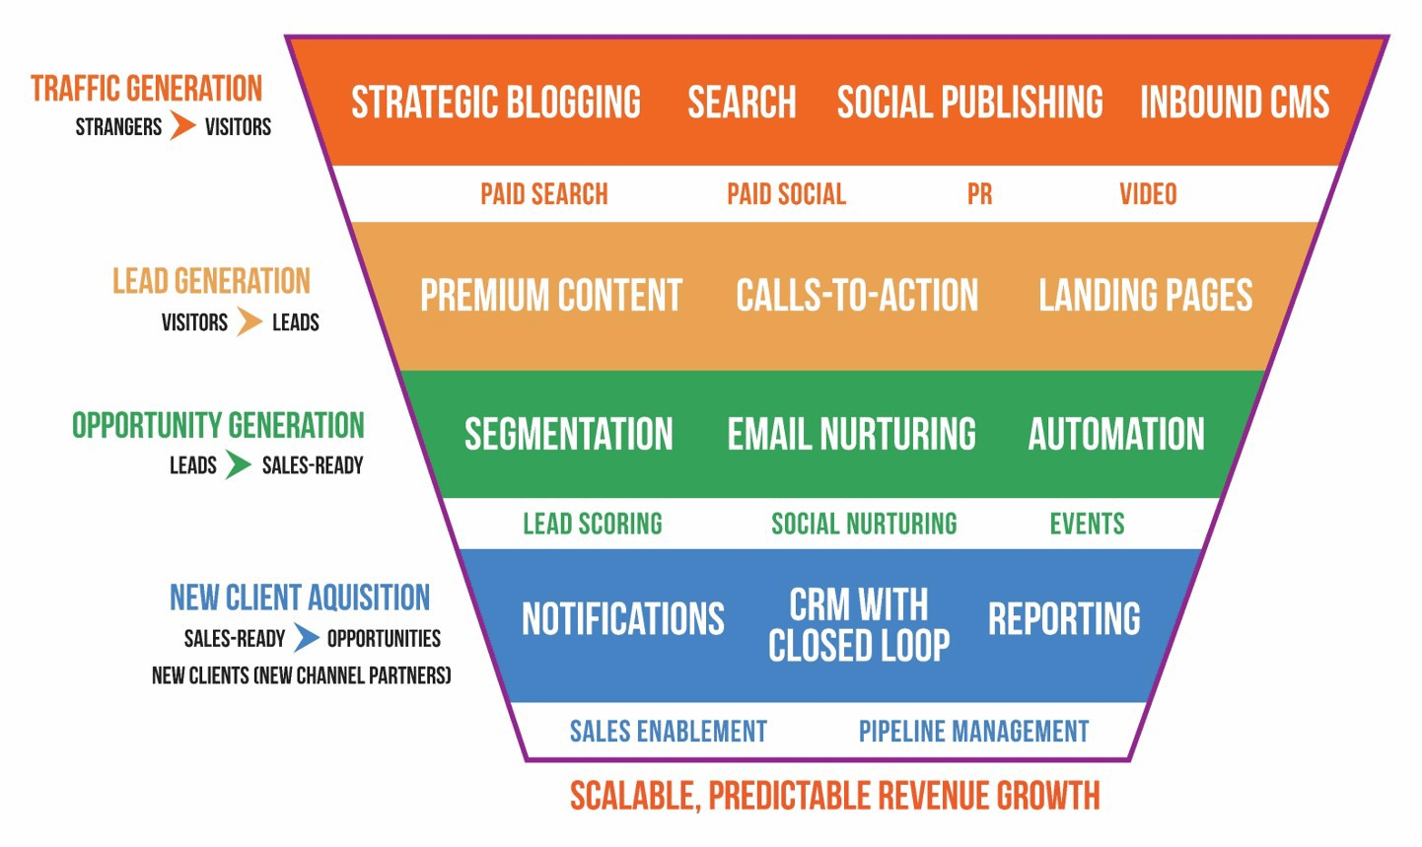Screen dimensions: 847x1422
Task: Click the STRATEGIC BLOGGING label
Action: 496,103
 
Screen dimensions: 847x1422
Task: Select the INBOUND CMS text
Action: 1235,103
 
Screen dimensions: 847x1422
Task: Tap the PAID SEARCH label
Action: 544,194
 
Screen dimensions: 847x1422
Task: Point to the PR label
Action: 979,194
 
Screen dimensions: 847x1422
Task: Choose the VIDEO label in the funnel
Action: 1148,194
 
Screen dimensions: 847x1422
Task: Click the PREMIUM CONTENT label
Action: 551,296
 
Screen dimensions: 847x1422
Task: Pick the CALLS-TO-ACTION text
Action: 857,296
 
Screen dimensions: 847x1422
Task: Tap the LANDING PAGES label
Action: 1145,296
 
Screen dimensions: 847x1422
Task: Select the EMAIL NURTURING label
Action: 851,435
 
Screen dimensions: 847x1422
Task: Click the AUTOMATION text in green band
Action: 1116,435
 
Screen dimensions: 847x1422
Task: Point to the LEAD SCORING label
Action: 593,524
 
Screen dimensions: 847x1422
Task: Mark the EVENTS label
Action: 1087,524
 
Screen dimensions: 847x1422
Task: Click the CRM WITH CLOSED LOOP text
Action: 859,625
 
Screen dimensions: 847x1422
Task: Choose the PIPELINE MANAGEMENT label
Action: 973,732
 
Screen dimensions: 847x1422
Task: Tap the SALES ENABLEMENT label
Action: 669,732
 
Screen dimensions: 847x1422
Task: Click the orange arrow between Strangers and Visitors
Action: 182,126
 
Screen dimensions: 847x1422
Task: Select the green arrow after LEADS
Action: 238,464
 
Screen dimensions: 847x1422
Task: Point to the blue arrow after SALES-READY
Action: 307,638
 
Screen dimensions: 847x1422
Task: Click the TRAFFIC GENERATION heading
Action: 147,89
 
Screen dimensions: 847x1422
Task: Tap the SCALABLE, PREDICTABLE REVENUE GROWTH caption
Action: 834,796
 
